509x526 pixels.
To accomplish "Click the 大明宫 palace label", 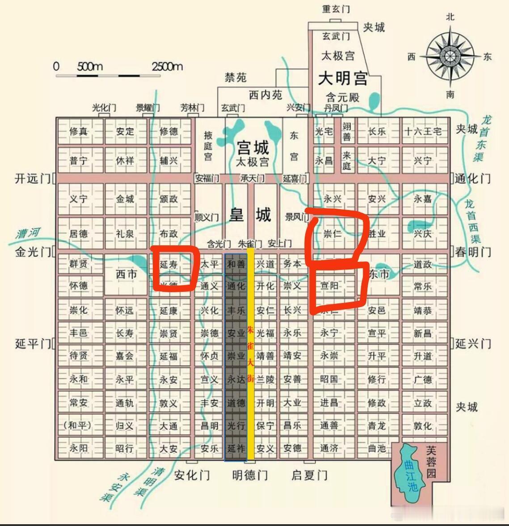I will click(343, 78).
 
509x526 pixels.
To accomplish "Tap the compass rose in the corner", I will click(450, 55).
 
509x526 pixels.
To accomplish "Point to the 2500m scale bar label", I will click(167, 67).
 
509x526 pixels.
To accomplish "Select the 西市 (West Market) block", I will click(126, 274).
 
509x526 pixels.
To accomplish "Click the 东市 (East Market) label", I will click(379, 274).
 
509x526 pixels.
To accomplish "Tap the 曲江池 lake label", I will click(411, 476).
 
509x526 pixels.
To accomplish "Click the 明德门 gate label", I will click(250, 475).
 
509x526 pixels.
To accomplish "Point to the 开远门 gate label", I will click(33, 178).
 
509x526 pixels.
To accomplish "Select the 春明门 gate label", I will click(473, 252).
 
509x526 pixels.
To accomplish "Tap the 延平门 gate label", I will click(33, 344).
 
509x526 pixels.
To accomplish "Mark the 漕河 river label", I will click(28, 233).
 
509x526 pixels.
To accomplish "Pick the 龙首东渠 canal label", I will click(481, 139).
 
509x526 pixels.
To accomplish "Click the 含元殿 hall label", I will click(342, 97).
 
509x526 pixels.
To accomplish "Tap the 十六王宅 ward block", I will click(423, 131).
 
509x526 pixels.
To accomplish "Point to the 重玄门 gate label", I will click(336, 8).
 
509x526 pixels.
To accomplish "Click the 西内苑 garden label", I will click(265, 95).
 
